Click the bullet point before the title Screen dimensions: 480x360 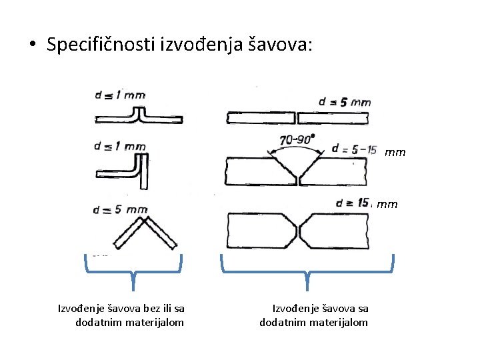pos(31,45)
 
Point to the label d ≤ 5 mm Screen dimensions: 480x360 pos(345,102)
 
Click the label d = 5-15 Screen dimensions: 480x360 pos(353,149)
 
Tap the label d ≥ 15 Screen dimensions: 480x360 pos(353,202)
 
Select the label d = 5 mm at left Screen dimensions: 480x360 pos(121,209)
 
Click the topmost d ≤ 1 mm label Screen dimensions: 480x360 pos(120,95)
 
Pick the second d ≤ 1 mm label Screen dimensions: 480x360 pos(120,147)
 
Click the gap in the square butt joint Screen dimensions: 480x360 pos(295,118)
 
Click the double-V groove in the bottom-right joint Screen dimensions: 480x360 pos(298,230)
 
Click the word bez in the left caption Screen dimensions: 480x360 pos(141,308)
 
